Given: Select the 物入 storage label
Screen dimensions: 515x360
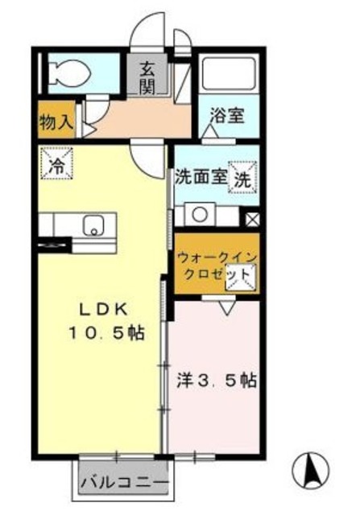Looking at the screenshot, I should pos(57,122).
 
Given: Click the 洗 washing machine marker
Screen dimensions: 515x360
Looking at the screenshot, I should pos(242,179).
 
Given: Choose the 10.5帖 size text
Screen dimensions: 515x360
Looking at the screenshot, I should pos(110,332).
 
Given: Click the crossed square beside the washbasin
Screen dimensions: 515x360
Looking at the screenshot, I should pos(253,217).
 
